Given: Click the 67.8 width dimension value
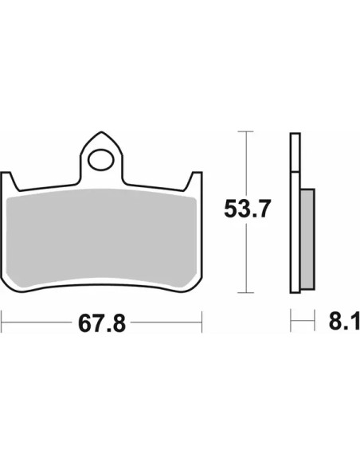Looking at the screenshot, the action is coord(102,323).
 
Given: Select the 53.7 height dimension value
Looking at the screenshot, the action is coord(248,209).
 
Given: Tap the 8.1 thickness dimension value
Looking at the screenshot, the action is coord(344,320).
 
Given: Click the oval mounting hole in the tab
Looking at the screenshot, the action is coord(101,160).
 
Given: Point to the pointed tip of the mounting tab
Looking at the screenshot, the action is coord(101,132).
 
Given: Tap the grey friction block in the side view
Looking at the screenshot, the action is coord(307,239).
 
